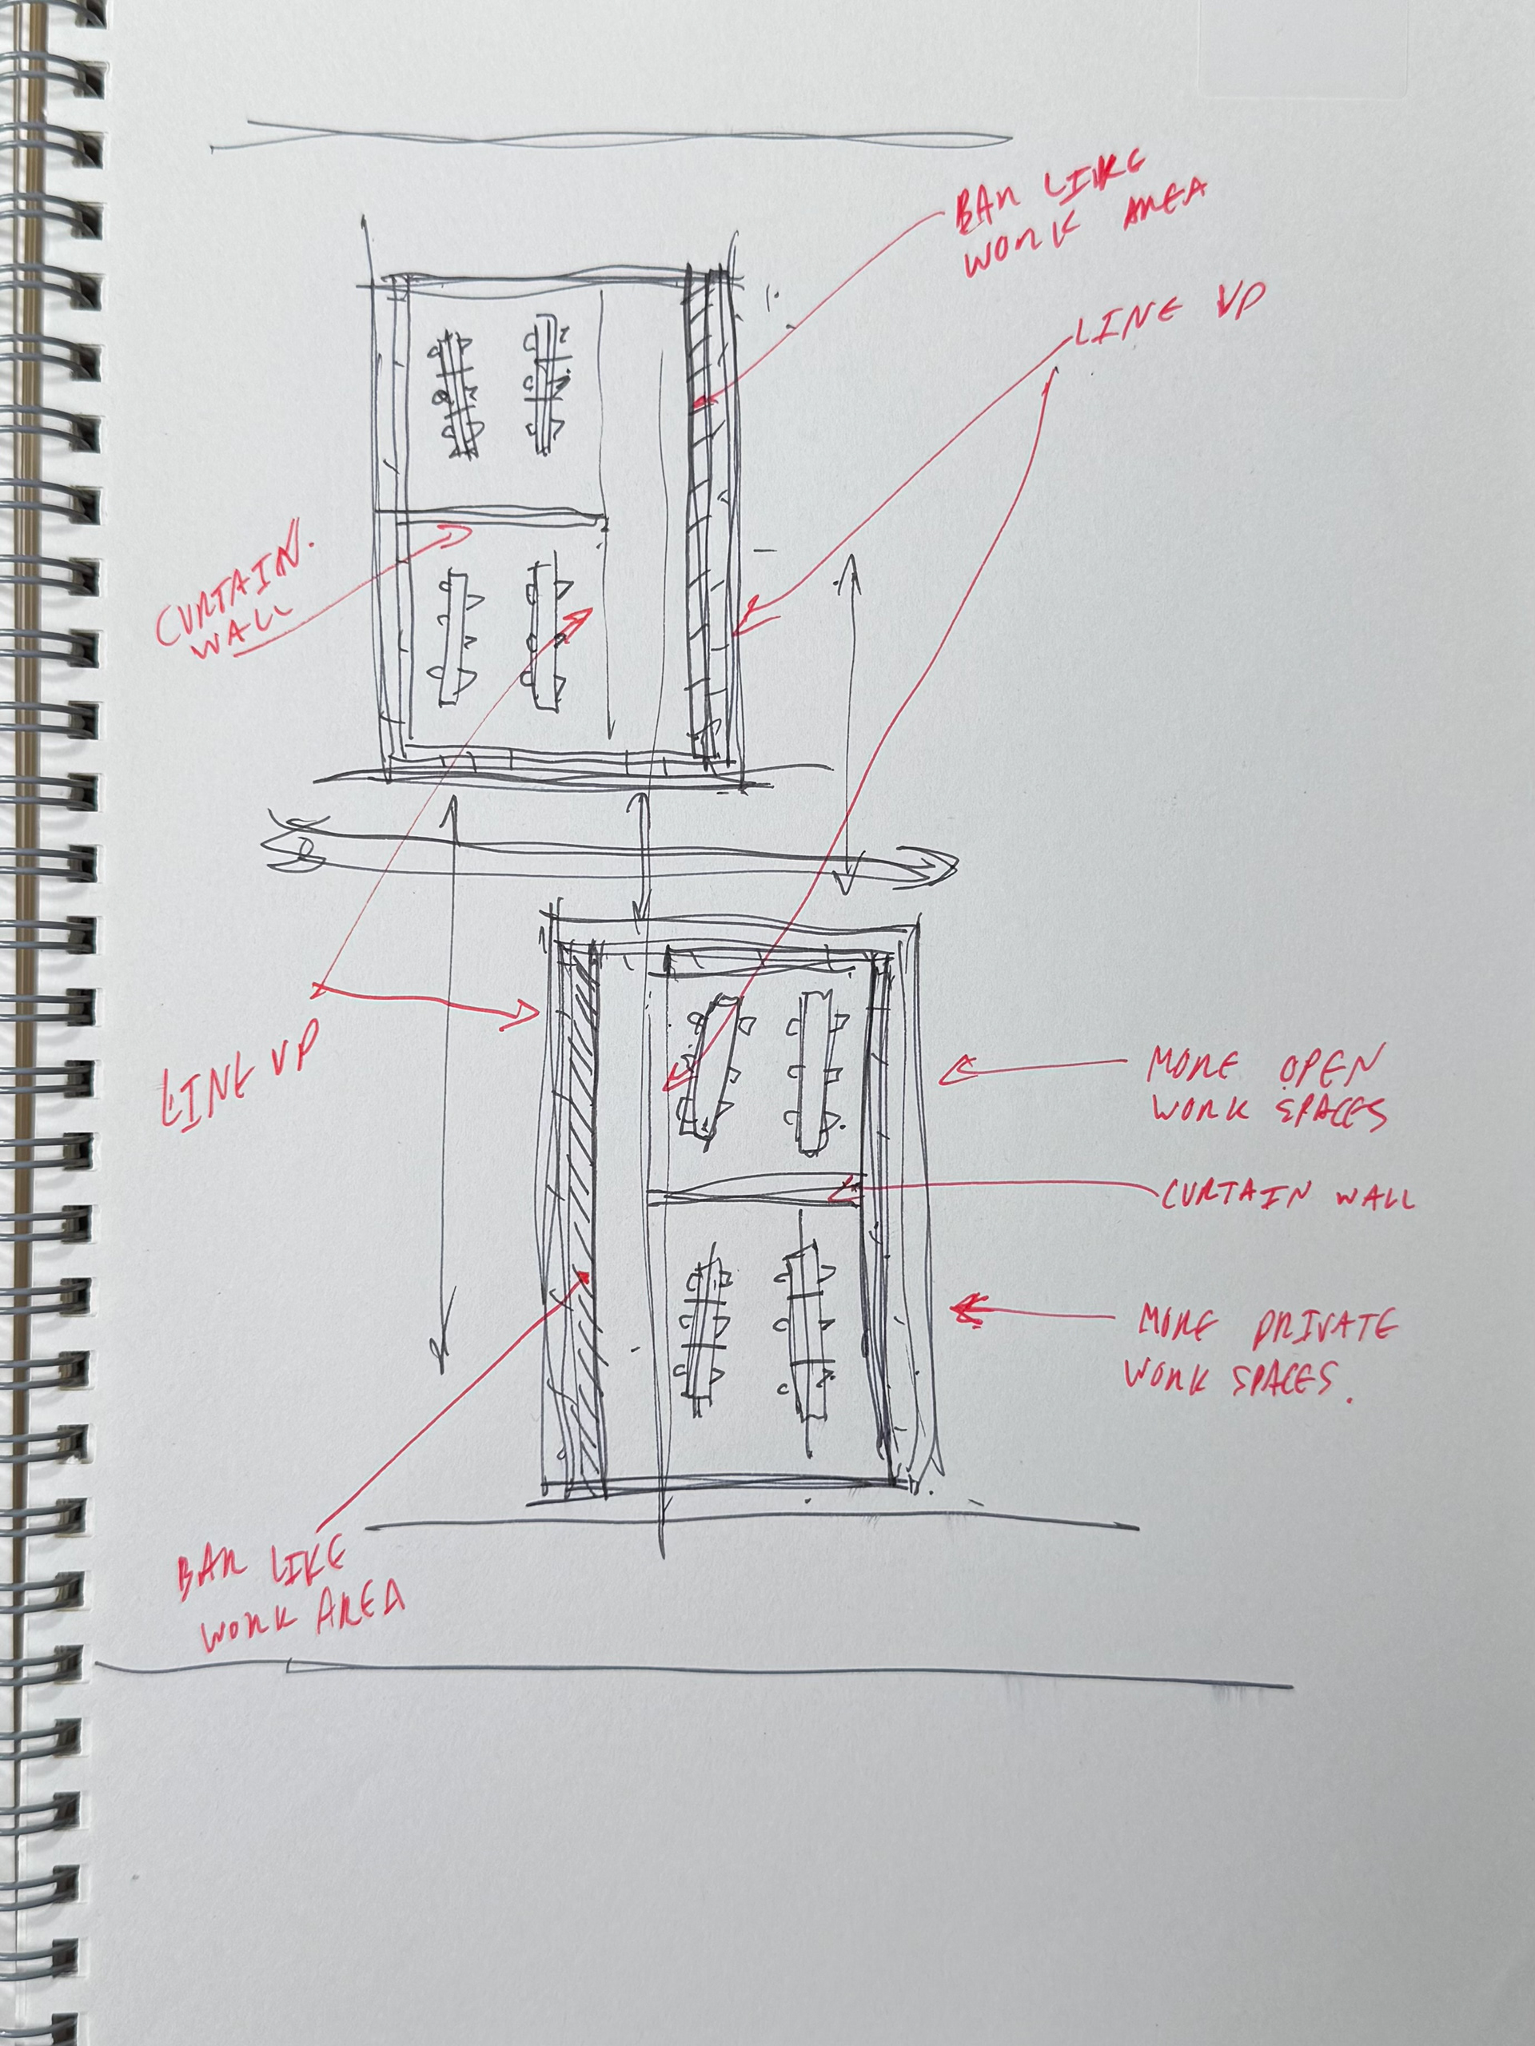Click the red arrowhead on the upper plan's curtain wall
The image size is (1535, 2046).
(x=460, y=534)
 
